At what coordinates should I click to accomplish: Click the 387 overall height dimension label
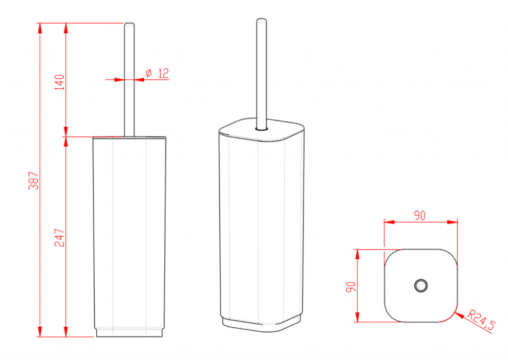pos(34,180)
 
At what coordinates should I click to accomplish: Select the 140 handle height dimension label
pos(60,82)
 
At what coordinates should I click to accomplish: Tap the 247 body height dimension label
pos(60,238)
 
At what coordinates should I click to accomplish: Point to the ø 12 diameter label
pos(157,73)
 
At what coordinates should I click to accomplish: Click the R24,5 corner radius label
pos(481,320)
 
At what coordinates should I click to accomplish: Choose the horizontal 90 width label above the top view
pos(420,216)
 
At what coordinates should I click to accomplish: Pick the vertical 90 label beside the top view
pos(351,287)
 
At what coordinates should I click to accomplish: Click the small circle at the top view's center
pos(421,286)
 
